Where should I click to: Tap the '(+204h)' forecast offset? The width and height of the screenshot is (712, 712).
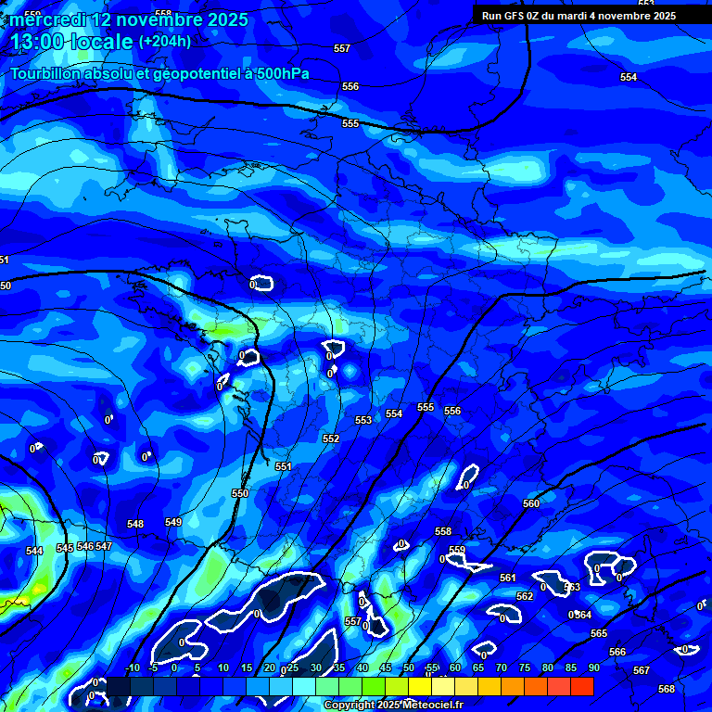click(x=165, y=42)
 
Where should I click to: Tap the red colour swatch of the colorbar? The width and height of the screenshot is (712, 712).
click(x=581, y=686)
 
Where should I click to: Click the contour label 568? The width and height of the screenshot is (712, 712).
click(x=667, y=689)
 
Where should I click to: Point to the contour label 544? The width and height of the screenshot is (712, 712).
click(x=34, y=552)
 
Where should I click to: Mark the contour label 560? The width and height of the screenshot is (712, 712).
click(x=531, y=503)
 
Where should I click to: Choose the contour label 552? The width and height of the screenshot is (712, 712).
click(x=331, y=439)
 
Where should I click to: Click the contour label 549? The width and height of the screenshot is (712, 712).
click(x=173, y=523)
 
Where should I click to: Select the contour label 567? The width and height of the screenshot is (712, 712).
click(x=642, y=670)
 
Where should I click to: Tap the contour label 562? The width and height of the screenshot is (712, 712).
click(x=525, y=596)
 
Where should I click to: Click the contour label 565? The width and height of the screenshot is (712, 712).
click(x=599, y=633)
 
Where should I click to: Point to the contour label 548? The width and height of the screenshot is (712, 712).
click(x=135, y=525)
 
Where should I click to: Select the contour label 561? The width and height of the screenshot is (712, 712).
click(x=507, y=578)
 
